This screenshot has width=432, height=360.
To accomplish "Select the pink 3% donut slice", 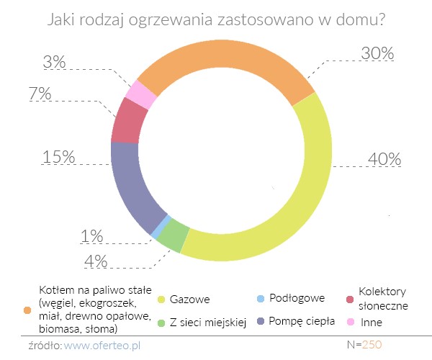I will [141, 94].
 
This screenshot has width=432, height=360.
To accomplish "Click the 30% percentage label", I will [377, 54].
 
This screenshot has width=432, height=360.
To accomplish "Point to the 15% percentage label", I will [59, 156].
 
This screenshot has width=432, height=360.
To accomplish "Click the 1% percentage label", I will [91, 236].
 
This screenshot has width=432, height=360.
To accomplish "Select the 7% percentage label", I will [60, 94].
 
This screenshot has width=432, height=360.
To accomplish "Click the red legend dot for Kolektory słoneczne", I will [349, 299].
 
